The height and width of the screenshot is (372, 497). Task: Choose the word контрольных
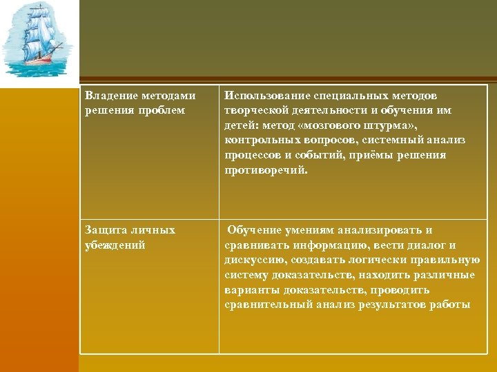coord(257,141)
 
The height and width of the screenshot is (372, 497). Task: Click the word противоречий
coord(266,170)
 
